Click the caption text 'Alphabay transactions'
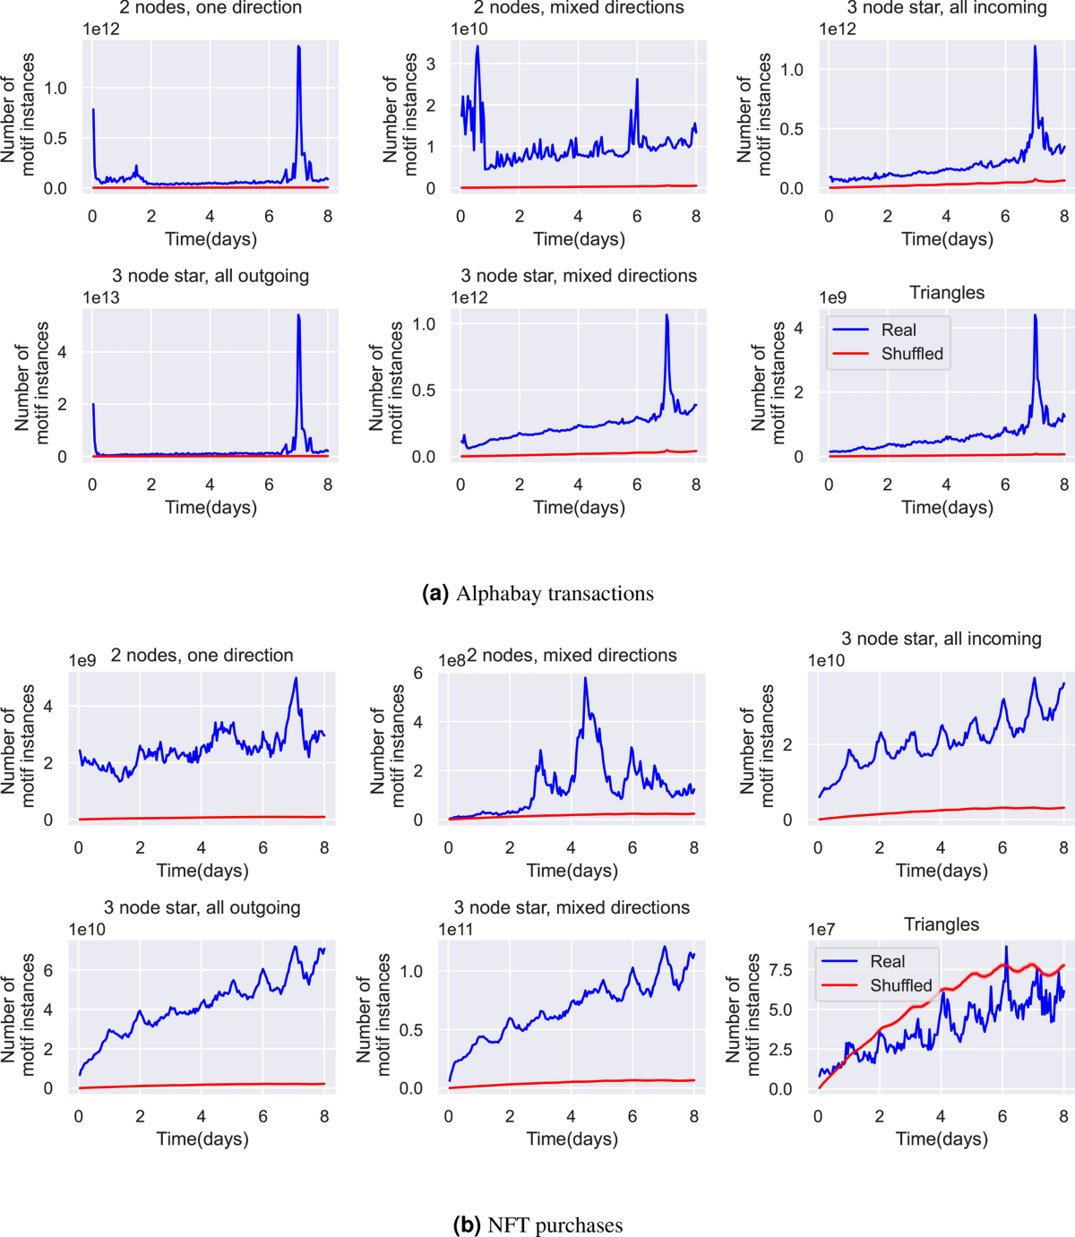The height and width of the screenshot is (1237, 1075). click(555, 594)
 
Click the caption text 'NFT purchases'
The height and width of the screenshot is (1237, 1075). click(555, 1224)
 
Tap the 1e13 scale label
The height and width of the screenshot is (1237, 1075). click(101, 297)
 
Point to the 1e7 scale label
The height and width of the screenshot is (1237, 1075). click(821, 929)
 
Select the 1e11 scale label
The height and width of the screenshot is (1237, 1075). click(456, 929)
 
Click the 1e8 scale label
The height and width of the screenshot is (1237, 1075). click(451, 660)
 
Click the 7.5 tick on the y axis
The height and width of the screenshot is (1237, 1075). click(780, 970)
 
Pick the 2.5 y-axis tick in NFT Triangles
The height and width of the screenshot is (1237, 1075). click(780, 1049)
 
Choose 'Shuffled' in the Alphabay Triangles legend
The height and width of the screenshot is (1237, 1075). click(912, 354)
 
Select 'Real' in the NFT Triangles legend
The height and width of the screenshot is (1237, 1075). click(888, 961)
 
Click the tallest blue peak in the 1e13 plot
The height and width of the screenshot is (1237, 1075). click(298, 315)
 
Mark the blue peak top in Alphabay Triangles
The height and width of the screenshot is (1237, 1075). click(1035, 315)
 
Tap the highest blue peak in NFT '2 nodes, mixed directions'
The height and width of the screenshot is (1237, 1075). click(585, 678)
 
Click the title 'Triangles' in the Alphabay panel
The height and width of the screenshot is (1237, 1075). click(947, 293)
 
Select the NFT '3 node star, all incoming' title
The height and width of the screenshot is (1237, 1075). click(941, 639)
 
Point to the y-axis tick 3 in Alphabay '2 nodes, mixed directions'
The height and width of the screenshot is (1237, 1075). click(431, 64)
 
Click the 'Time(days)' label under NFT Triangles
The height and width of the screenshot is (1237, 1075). click(942, 1138)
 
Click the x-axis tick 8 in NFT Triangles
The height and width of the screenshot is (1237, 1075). click(1063, 1116)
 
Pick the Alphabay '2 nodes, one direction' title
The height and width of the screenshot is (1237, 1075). click(211, 8)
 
